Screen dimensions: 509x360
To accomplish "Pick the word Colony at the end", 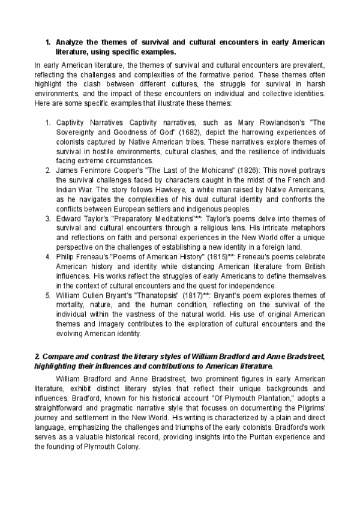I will (125, 446).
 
